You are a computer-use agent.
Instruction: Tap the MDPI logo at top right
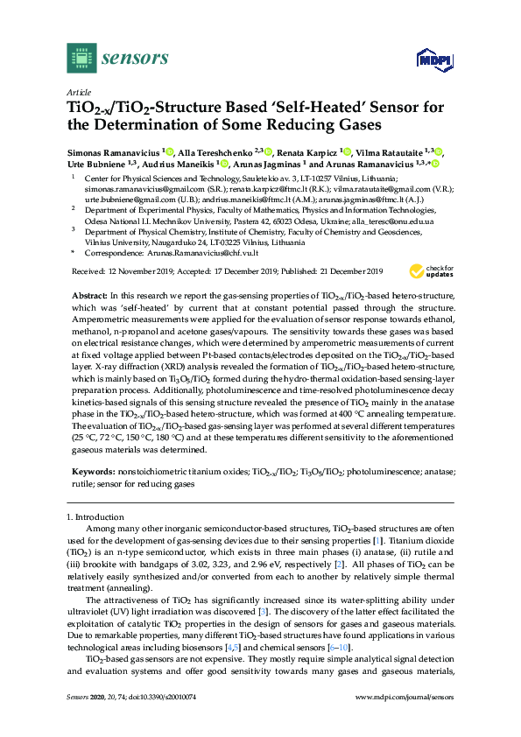point(426,61)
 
